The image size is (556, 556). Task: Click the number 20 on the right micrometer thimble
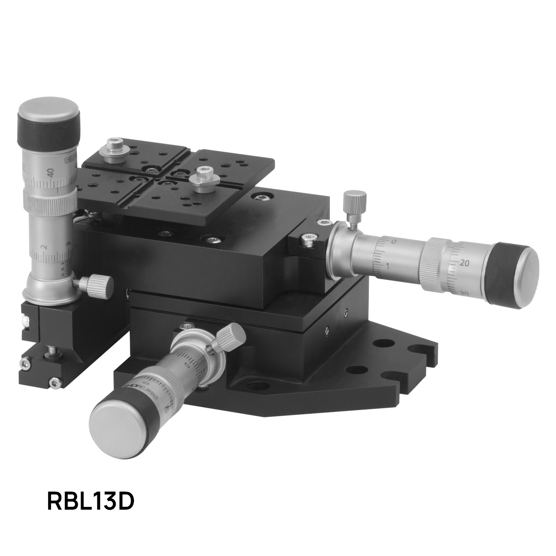click(466, 263)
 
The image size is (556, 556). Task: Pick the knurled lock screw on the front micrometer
click(230, 335)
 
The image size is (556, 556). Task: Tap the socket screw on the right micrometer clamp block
click(308, 239)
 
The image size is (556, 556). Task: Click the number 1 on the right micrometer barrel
click(388, 265)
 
